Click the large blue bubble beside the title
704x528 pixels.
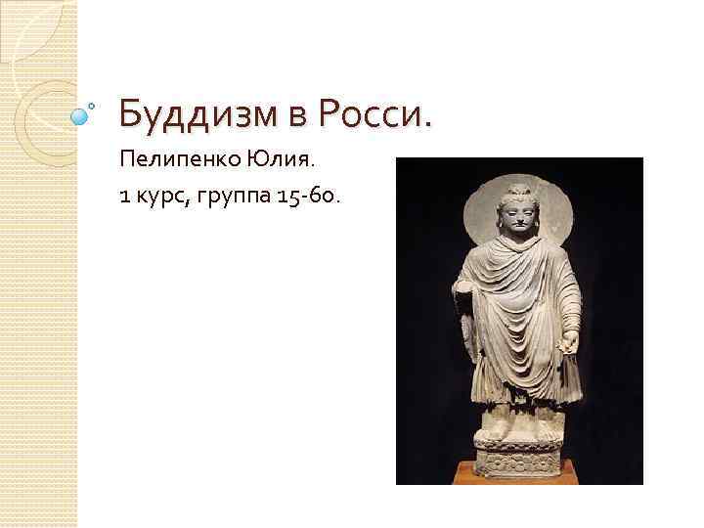click(x=81, y=115)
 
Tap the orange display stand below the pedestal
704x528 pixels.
click(x=519, y=477)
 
